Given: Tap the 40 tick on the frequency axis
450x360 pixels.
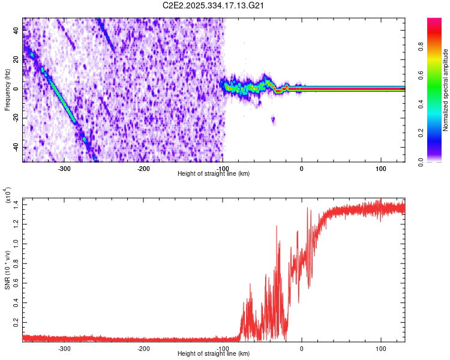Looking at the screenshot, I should pos(17,31).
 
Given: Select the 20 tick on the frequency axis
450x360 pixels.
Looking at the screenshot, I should pos(17,60).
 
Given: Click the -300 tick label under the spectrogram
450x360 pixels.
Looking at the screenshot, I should pos(64,168).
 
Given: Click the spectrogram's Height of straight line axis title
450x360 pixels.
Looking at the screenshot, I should pos(214,173).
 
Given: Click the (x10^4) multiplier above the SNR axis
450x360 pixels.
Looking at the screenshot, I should pos(8,196).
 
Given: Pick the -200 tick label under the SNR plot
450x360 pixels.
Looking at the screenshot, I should pos(143,348).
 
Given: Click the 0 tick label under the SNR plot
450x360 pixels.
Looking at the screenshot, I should pos(302,348).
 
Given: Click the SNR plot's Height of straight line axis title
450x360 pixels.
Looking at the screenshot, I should pos(214,353).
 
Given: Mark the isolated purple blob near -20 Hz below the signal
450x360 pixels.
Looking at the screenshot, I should pos(273,120).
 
